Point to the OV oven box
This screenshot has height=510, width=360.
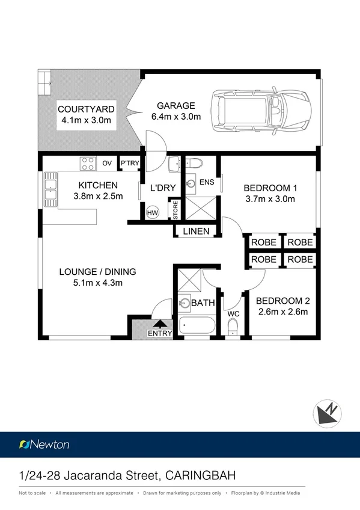pyautogui.click(x=107, y=163)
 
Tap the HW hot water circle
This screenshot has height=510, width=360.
pyautogui.click(x=152, y=212)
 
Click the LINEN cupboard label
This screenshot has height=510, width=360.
pyautogui.click(x=197, y=232)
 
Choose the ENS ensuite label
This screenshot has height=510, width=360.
pyautogui.click(x=207, y=181)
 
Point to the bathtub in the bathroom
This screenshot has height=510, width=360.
pyautogui.click(x=197, y=327)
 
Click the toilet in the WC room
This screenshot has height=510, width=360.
pyautogui.click(x=233, y=327)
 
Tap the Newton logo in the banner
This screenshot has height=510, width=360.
pyautogui.click(x=44, y=444)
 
